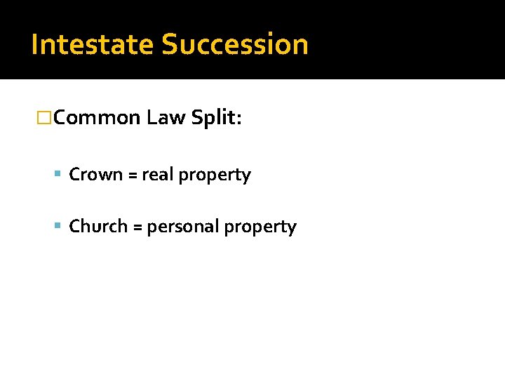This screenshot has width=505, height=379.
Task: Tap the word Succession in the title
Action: pos(235,44)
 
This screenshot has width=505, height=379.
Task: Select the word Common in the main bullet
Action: pos(97,118)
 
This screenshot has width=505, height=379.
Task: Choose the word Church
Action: pos(98,227)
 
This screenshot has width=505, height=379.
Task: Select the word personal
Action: pos(184,227)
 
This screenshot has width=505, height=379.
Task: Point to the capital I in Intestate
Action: pos(35,44)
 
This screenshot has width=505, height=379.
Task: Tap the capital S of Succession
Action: pos(170,44)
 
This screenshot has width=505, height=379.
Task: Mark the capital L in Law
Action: pos(152,118)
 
